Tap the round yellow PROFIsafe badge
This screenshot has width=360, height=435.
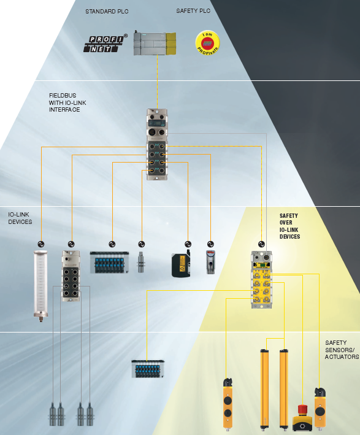207,43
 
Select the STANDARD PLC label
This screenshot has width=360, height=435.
107,12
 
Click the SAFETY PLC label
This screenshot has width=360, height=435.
193,11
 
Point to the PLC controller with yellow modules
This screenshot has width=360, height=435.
155,44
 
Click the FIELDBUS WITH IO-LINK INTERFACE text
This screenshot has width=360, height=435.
67,102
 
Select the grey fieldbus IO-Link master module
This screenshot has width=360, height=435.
157,144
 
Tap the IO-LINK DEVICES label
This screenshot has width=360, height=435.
20,218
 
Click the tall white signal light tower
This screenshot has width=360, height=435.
40,286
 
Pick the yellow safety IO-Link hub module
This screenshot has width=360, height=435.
261,280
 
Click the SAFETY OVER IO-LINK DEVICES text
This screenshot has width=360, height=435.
289,226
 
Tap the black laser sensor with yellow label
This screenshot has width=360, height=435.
181,264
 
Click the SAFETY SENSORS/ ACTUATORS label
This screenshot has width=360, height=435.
342,350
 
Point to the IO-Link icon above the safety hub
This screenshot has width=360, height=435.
261,244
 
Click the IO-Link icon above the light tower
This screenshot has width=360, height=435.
40,244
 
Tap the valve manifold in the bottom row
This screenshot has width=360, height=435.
148,368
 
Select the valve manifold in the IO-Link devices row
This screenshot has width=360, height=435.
109,263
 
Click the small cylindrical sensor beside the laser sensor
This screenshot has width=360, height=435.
141,262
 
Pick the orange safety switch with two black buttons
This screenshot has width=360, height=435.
228,404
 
